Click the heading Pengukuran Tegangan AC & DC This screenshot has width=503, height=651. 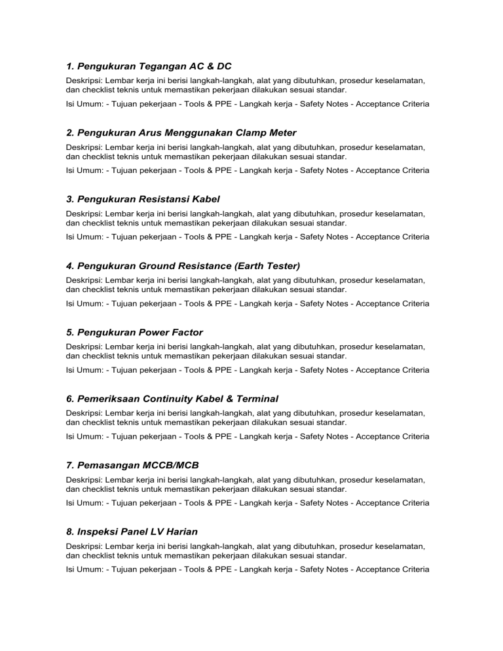pos(149,66)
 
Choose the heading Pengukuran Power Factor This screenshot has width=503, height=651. pos(135,332)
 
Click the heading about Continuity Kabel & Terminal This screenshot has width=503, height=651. pos(172,398)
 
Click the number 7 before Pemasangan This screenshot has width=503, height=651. pos(69,465)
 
